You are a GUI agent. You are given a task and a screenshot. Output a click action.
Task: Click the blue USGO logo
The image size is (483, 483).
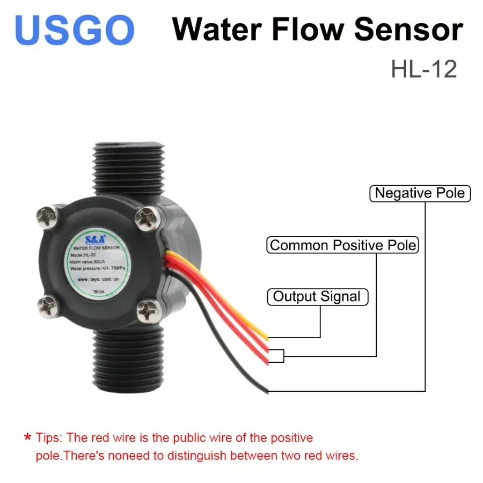[x=75, y=30]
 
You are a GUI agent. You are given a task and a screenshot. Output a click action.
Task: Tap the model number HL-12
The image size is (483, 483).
[x=423, y=69]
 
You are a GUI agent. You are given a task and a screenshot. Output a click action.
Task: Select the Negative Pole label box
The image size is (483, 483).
[x=420, y=193]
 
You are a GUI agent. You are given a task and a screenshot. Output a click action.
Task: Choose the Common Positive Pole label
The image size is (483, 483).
[x=343, y=245]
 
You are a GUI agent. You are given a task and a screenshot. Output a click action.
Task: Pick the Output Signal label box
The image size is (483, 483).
[x=317, y=296]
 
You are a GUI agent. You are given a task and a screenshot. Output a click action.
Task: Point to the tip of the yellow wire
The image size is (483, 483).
[x=266, y=338]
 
